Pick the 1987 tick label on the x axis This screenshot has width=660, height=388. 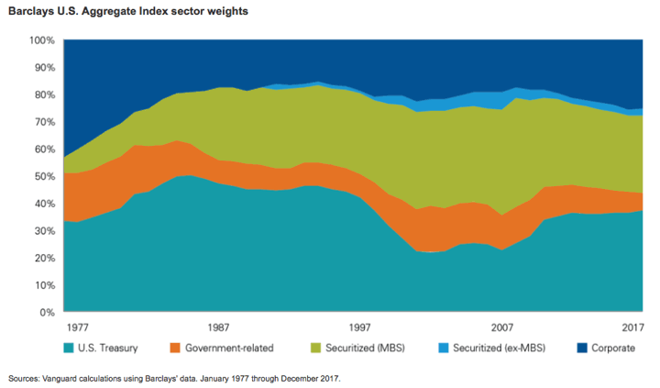click(218, 327)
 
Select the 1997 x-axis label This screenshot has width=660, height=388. click(360, 327)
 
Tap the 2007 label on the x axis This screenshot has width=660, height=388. click(502, 327)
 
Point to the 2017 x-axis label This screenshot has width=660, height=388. click(631, 327)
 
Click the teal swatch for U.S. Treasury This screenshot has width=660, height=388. click(70, 349)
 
